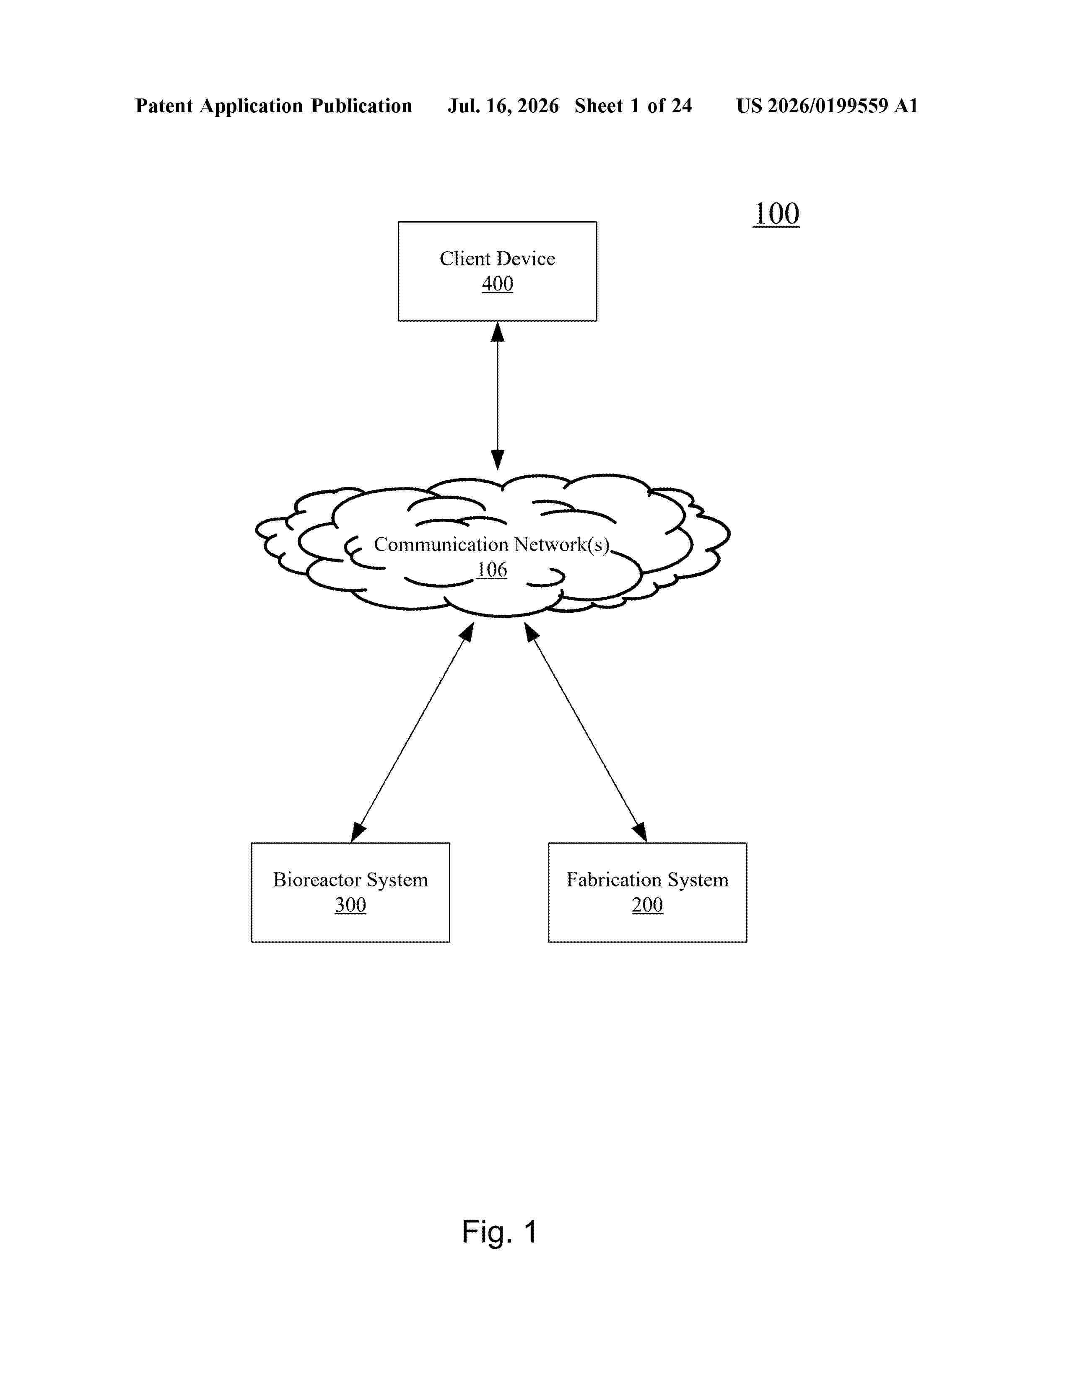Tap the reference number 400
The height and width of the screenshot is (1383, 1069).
(x=497, y=284)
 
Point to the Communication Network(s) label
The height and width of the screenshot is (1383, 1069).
(x=491, y=544)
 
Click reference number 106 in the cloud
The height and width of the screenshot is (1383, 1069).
(x=492, y=569)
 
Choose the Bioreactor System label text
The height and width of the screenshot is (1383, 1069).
(x=350, y=880)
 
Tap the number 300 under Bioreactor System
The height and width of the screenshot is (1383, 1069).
(x=350, y=905)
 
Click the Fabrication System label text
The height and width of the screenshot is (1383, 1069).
(x=647, y=880)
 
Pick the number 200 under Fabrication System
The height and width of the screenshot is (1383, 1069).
(x=647, y=905)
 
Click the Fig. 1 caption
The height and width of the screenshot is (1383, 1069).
(x=500, y=1232)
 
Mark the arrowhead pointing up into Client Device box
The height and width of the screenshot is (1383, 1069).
(x=498, y=332)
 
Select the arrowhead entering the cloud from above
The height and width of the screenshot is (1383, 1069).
(x=498, y=460)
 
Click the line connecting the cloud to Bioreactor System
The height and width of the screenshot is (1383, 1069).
(x=412, y=732)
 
